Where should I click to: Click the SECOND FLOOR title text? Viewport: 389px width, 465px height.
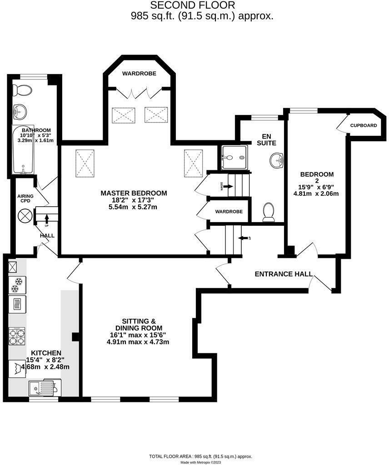pos(193,5)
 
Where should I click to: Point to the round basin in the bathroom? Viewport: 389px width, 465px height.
pos(20,110)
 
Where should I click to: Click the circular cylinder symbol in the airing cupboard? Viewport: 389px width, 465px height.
pos(25,215)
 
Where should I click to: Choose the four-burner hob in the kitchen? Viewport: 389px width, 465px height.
pos(17,338)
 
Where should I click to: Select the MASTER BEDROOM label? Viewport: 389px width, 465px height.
pos(134,193)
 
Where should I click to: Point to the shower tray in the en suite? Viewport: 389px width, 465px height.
pos(234,158)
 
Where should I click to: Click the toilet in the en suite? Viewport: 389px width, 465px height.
pos(269,212)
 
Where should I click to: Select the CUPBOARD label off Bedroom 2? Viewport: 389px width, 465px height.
pos(363,125)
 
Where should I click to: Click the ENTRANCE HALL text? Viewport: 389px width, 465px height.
pos(284,274)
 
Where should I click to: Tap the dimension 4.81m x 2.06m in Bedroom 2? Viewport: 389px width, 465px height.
pos(316,193)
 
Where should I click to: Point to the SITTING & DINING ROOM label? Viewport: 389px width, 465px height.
pos(138,324)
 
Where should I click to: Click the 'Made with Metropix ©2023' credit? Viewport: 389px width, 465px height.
pos(200,462)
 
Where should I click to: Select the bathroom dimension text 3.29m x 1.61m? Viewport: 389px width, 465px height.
pos(36,141)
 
